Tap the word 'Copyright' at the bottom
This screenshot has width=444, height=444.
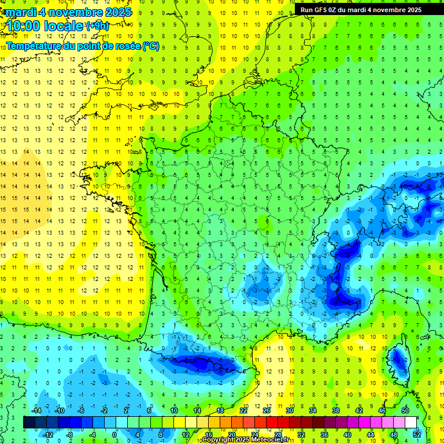tap(219, 440)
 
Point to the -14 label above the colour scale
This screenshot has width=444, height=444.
tap(36, 410)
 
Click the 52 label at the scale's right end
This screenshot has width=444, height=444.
tap(417, 434)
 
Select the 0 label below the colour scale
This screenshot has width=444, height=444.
tap(114, 434)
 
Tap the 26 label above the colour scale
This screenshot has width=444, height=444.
tap(267, 410)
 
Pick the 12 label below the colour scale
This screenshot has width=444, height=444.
tap(186, 434)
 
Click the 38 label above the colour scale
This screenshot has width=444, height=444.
tap(336, 410)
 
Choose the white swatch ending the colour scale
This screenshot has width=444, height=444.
tap(410, 422)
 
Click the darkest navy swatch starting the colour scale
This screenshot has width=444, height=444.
tap(29, 422)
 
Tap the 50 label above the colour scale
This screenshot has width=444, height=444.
tap(405, 410)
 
